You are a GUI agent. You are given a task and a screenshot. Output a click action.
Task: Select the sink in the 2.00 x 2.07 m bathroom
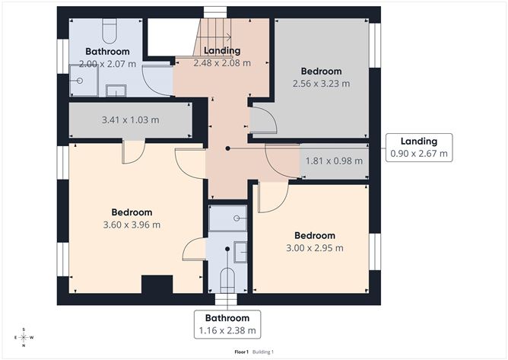click(116, 91)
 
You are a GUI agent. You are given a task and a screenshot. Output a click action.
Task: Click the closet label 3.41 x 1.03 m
click(130, 119)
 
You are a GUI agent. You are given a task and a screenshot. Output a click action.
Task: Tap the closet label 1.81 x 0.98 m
click(334, 161)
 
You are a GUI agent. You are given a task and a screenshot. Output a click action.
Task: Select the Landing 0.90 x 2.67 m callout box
click(419, 147)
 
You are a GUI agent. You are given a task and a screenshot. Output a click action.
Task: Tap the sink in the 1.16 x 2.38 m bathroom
click(240, 251)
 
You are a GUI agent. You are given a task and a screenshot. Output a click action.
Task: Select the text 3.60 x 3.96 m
click(132, 225)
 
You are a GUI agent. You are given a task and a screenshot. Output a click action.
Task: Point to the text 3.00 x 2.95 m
click(316, 247)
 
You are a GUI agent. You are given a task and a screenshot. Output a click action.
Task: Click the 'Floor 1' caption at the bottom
click(242, 352)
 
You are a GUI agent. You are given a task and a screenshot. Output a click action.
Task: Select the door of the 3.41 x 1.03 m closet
click(133, 150)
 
